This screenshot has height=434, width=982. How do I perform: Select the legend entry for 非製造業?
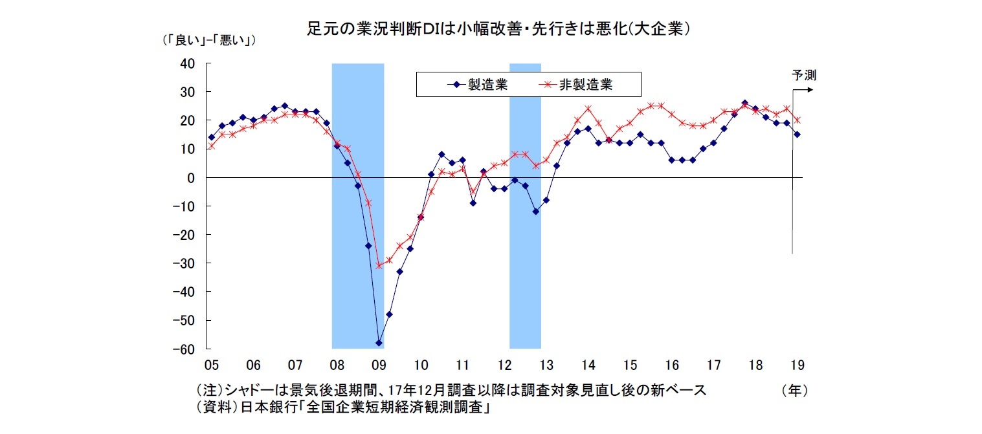point(578,84)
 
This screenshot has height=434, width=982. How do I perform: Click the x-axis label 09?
point(379,365)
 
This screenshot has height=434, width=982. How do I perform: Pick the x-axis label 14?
point(588,365)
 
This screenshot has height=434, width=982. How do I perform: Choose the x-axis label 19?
point(797,365)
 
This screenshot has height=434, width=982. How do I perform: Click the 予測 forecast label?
point(803,75)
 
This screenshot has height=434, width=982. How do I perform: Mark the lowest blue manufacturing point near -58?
point(379,343)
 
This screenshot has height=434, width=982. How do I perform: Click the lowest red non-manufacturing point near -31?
point(379,266)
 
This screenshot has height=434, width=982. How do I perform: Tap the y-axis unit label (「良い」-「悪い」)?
point(209,41)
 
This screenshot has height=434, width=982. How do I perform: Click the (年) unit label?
point(795,391)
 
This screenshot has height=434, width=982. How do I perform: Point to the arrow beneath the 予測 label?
point(803,90)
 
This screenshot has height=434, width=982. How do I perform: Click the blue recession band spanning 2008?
point(357,207)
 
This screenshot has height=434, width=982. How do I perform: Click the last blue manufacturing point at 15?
point(797,135)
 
